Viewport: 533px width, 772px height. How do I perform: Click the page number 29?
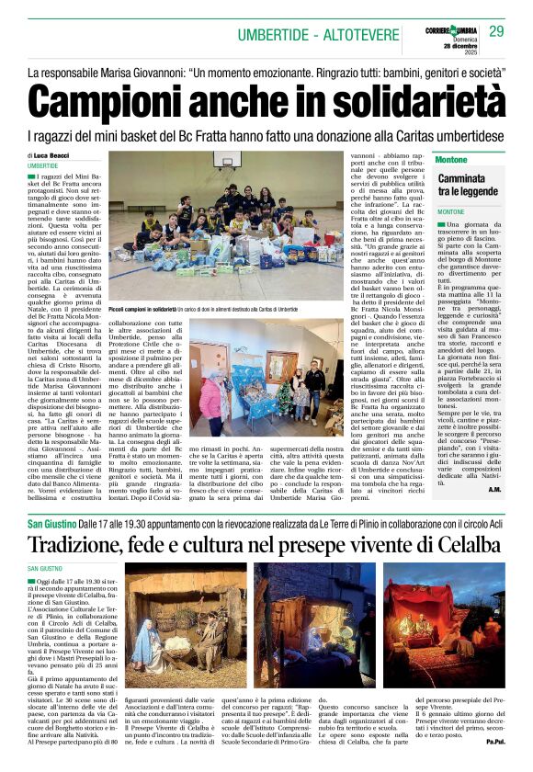click(x=496, y=32)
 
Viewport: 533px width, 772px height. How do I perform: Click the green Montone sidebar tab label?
click(x=450, y=159)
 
